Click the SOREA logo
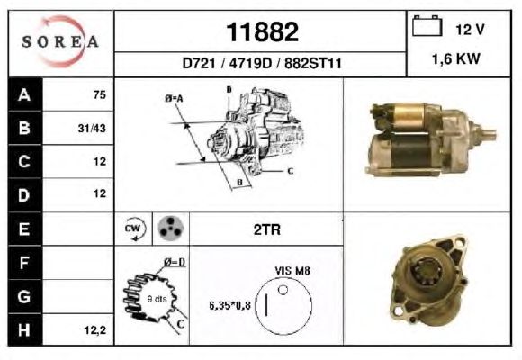coord(60,41)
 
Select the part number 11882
coord(262,32)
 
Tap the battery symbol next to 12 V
coord(427,25)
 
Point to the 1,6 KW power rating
coord(456,58)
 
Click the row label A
coord(24,94)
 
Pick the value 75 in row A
coord(100,94)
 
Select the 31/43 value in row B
coord(92,128)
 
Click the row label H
coord(24,329)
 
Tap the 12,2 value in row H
coord(95,330)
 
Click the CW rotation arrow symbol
coord(134,229)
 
